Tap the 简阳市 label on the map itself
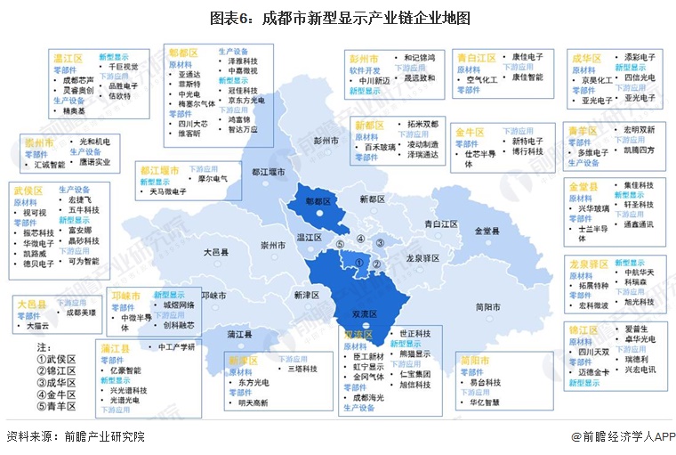point(488,307)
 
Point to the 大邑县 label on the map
point(216,253)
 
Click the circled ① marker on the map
point(359,263)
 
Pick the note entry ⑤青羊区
point(56,406)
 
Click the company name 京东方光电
point(246,101)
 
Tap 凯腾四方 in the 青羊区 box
point(638,150)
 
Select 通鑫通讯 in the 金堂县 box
point(638,224)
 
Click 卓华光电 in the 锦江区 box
point(640,339)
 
